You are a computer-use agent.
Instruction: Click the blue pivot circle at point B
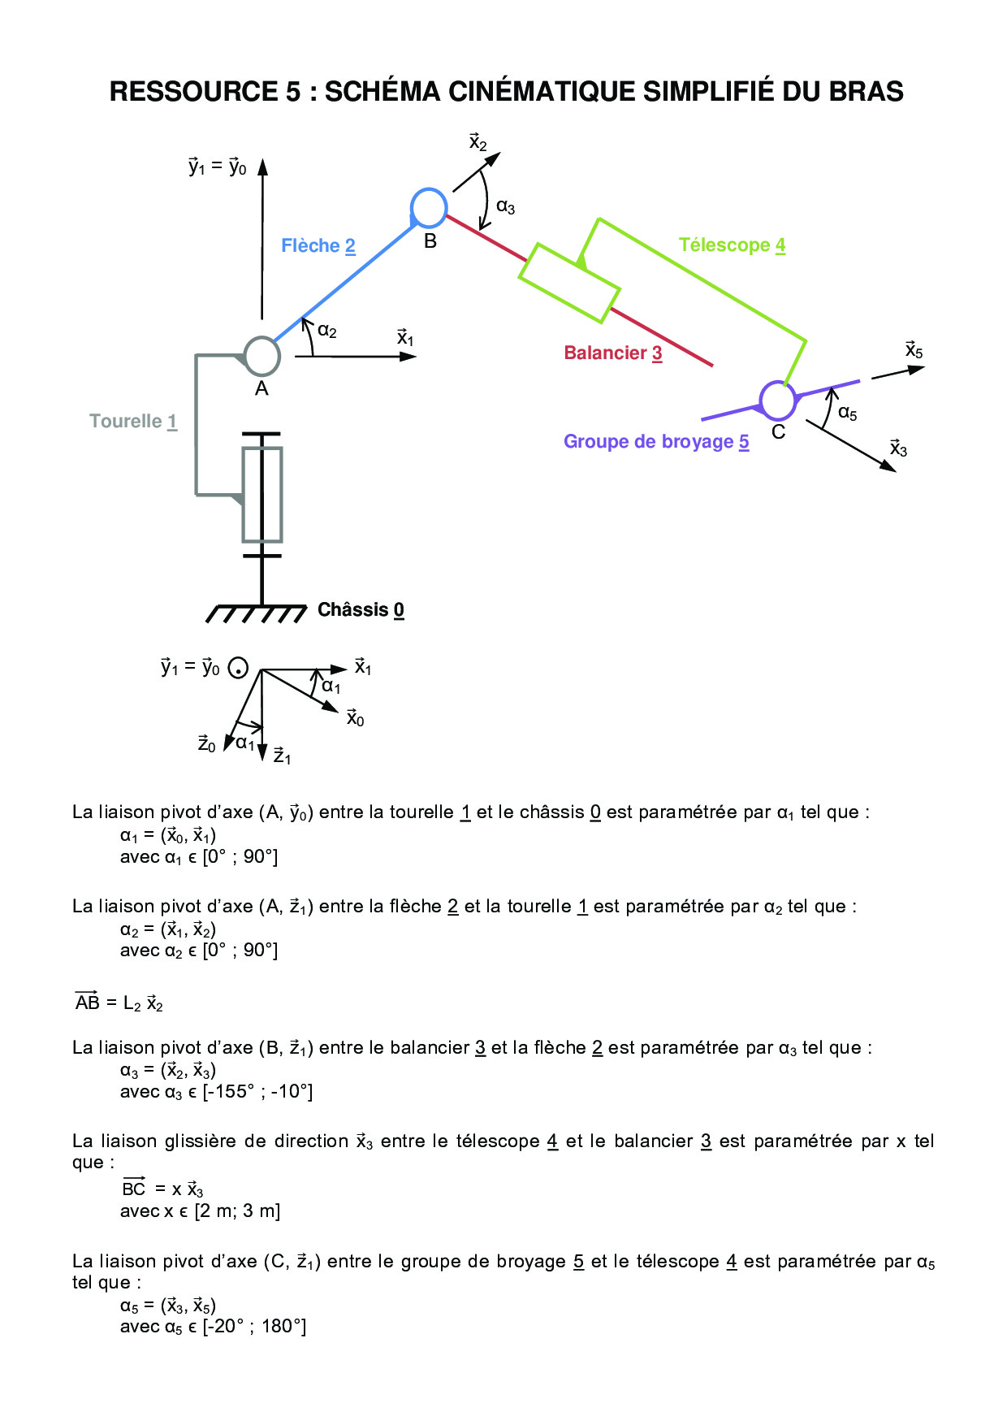click(429, 207)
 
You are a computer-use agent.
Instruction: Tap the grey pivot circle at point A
click(261, 356)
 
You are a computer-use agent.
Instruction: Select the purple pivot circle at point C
click(777, 399)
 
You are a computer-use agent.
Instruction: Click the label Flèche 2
click(318, 245)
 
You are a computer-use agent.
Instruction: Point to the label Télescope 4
click(732, 245)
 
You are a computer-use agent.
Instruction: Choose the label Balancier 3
click(613, 353)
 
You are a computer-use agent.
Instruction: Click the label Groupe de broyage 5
click(656, 441)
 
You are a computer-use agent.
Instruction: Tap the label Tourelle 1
click(133, 421)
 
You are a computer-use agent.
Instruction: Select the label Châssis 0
click(361, 609)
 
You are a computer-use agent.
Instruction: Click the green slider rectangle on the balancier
click(569, 283)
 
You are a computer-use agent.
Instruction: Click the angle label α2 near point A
click(326, 331)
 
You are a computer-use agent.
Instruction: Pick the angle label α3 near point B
click(505, 207)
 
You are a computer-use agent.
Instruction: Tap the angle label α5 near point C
click(847, 414)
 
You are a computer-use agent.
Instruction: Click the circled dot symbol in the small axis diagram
click(238, 669)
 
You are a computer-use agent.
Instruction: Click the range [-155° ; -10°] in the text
click(257, 1091)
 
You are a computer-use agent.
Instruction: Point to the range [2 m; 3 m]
click(237, 1211)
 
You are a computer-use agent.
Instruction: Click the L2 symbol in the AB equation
click(132, 1004)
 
